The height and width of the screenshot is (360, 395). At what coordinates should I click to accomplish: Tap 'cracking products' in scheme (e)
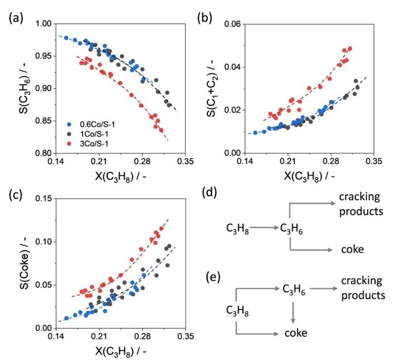click(362, 288)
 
